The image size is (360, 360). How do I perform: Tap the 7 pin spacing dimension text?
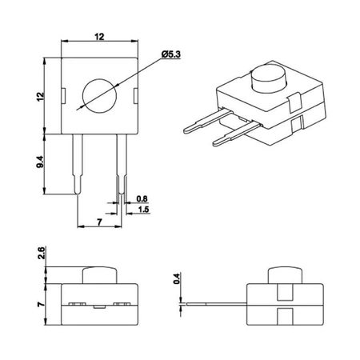pyautogui.click(x=98, y=218)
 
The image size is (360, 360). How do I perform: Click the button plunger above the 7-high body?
pyautogui.click(x=99, y=274)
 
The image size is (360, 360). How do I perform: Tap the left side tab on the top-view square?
pyautogui.click(x=64, y=95)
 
